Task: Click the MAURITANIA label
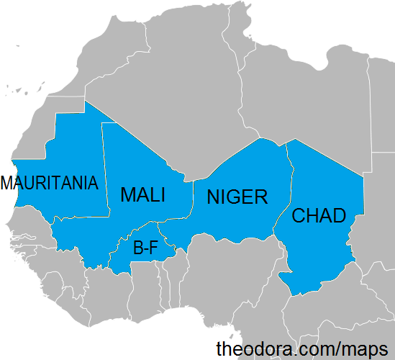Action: [x=49, y=183]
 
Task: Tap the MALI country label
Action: [x=142, y=194]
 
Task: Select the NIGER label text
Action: [x=237, y=197]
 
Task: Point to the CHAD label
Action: [x=319, y=215]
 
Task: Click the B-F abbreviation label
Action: [x=145, y=248]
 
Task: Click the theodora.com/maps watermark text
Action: [x=301, y=348]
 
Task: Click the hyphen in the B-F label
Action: [x=145, y=250]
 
